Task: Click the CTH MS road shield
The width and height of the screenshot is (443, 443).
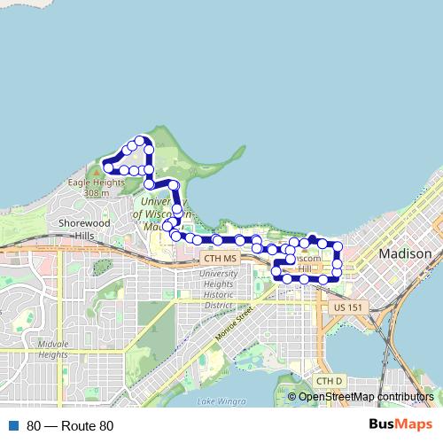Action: coord(220,258)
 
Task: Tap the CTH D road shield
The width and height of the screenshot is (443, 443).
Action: coord(329,381)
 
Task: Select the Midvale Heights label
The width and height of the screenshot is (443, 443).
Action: coord(53,349)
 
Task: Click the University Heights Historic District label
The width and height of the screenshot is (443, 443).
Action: coord(221,289)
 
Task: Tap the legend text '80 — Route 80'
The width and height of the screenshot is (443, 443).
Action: coord(70,426)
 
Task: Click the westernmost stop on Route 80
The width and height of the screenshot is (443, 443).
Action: coord(107,166)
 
